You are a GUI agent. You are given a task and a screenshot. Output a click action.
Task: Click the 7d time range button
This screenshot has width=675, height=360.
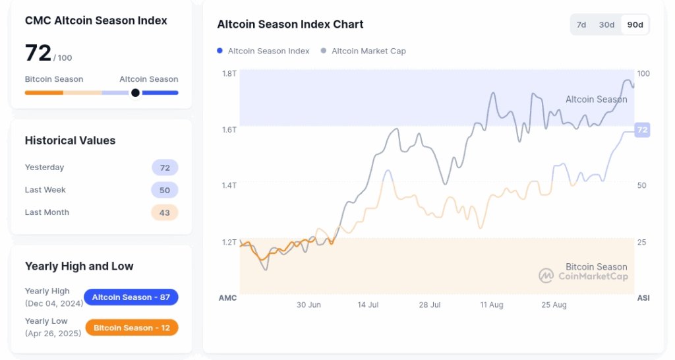[x=581, y=25]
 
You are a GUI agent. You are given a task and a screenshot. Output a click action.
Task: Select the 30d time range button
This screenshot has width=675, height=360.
[x=606, y=25]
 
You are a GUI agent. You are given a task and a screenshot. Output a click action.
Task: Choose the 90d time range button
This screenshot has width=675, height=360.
[x=635, y=25]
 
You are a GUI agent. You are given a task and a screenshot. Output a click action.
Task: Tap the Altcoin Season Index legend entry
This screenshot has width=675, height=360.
[x=264, y=51]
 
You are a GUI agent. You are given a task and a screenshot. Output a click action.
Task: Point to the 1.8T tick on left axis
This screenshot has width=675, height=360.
[x=229, y=73]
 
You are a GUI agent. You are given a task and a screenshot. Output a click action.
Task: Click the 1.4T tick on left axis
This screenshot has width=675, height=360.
[x=229, y=185]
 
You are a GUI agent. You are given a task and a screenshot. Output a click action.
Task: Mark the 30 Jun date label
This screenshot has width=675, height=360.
[x=308, y=305]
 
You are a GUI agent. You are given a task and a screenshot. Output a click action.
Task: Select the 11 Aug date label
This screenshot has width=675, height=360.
[x=492, y=305]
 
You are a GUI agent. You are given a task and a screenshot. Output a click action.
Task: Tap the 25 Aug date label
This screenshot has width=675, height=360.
[x=554, y=305]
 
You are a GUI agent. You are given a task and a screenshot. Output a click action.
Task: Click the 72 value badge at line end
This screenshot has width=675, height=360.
[x=642, y=130]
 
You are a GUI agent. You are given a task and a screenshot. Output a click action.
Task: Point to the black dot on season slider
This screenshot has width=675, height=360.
[x=135, y=93]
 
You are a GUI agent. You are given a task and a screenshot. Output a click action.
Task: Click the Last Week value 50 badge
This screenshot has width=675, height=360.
[x=165, y=190]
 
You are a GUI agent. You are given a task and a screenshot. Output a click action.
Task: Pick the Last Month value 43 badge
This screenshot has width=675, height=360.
[x=165, y=212]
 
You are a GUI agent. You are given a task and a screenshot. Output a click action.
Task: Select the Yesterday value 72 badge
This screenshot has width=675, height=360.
[x=165, y=167]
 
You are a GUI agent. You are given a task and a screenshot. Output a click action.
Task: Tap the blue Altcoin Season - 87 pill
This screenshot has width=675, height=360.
[x=131, y=297]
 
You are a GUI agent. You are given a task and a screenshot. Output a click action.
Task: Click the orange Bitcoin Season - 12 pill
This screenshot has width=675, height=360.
[x=132, y=328]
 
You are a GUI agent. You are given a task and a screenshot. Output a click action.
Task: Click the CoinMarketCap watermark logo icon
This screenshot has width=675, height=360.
[x=546, y=276]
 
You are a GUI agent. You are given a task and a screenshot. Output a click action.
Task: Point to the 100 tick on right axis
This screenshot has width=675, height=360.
[x=643, y=73]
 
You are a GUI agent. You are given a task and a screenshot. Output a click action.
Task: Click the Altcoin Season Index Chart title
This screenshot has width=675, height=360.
[x=290, y=24]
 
